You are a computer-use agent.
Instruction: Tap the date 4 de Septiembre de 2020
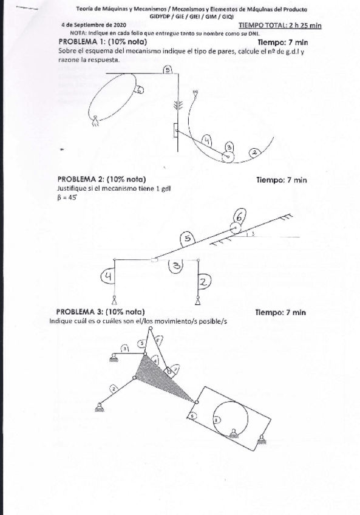tap(90, 25)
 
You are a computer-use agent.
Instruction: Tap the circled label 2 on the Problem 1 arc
tap(254, 152)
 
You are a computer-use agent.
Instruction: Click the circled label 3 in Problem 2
tap(175, 265)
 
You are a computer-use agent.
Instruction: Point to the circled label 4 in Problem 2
tap(107, 276)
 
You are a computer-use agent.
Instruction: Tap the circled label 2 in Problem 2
tap(204, 281)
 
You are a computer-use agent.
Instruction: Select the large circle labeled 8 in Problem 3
tap(230, 419)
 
